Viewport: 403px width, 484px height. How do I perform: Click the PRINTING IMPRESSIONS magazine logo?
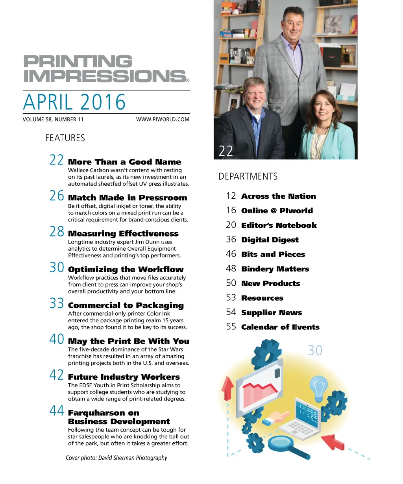click(x=105, y=69)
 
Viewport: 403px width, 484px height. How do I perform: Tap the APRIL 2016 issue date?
click(x=74, y=102)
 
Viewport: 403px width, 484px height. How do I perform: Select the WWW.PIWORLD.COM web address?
click(x=163, y=119)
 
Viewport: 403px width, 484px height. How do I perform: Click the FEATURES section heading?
click(x=65, y=138)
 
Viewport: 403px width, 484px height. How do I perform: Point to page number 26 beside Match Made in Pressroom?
click(x=57, y=196)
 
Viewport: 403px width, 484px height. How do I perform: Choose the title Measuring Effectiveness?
click(x=123, y=234)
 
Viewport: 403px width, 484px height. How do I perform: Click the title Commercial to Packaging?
click(x=126, y=305)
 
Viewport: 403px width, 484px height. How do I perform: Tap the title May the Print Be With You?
click(x=129, y=341)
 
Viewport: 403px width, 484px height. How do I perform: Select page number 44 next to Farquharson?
click(x=57, y=411)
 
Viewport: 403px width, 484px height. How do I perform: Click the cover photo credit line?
click(x=116, y=458)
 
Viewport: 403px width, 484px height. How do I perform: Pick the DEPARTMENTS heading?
click(x=248, y=176)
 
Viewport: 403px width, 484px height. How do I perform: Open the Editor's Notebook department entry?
click(x=279, y=225)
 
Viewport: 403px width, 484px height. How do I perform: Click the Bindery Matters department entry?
click(x=275, y=269)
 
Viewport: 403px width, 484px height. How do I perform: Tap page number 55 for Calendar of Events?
click(x=231, y=327)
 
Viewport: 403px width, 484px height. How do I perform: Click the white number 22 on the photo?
click(x=226, y=151)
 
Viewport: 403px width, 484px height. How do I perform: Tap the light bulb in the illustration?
click(x=318, y=386)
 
